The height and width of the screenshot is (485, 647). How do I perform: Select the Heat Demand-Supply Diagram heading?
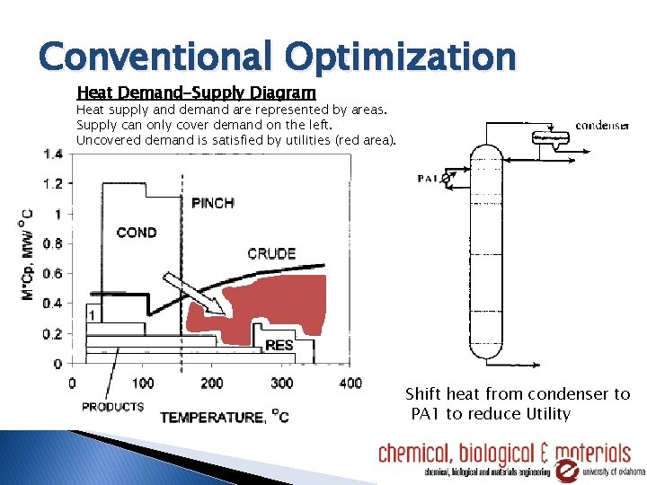(x=197, y=93)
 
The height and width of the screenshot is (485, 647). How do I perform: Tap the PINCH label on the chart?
(x=213, y=203)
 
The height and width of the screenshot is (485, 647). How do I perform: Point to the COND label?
(x=137, y=233)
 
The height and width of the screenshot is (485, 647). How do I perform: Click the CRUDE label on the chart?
(x=271, y=254)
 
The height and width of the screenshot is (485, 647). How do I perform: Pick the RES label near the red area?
(x=279, y=345)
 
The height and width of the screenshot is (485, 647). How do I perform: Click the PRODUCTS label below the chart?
(x=112, y=407)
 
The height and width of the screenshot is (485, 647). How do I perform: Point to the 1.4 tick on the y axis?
(x=52, y=154)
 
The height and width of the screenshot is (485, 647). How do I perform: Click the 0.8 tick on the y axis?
(x=52, y=243)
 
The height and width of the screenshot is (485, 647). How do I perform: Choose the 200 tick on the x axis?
(x=212, y=384)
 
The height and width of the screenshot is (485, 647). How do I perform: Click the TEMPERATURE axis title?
(x=224, y=417)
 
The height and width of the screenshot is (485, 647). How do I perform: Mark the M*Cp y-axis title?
(x=29, y=257)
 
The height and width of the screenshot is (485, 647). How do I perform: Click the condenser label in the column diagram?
(x=602, y=126)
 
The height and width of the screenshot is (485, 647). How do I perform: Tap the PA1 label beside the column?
(x=429, y=179)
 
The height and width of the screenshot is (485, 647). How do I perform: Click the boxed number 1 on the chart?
(x=93, y=314)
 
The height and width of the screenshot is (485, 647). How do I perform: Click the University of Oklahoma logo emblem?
(x=570, y=470)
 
